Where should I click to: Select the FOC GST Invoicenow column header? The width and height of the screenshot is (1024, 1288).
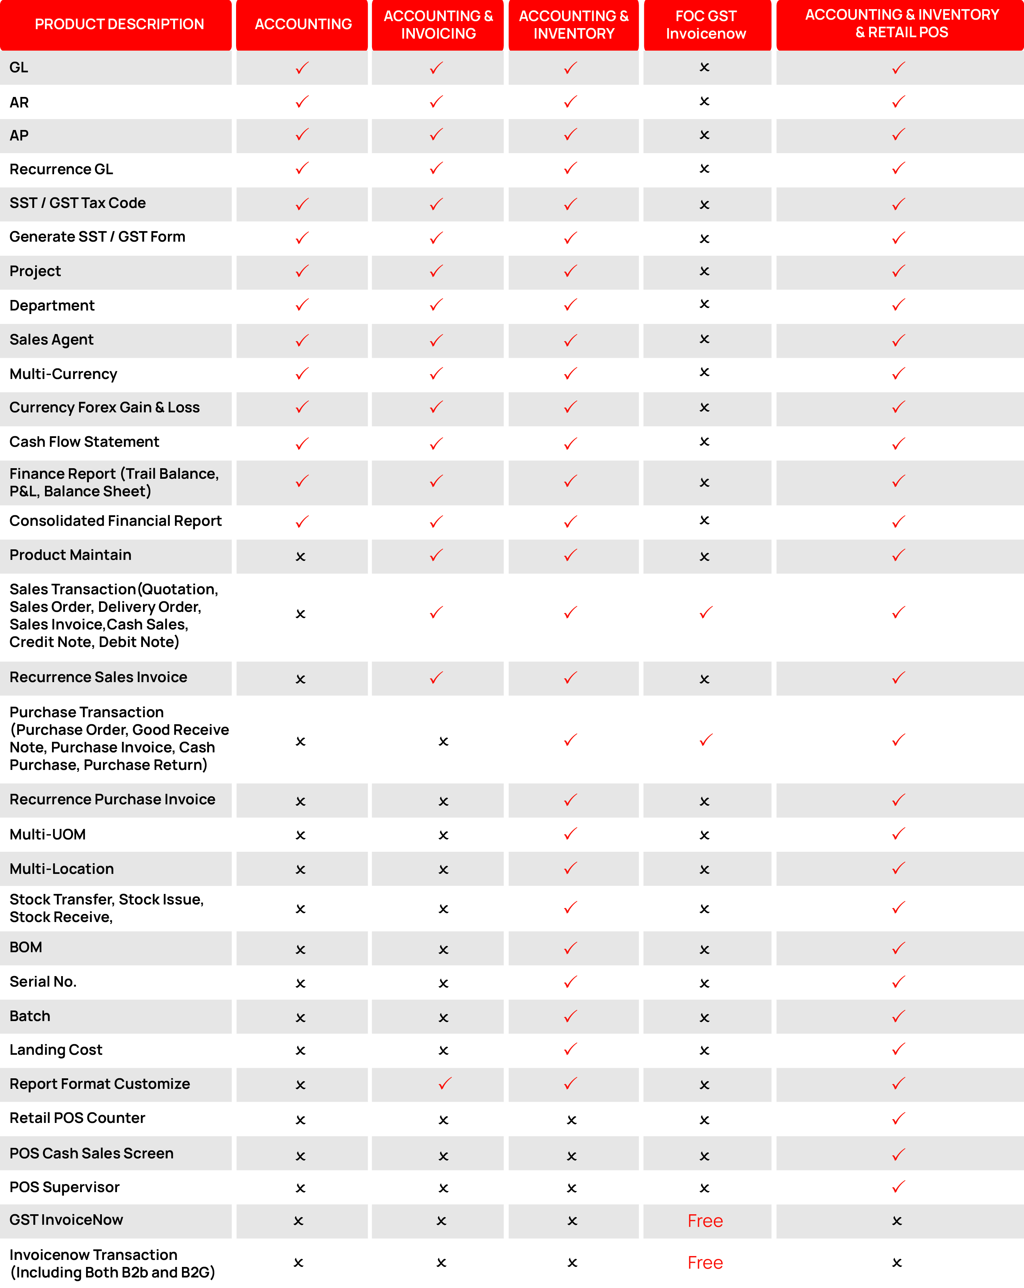[706, 25]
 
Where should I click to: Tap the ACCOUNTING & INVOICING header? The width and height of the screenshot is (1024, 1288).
[438, 25]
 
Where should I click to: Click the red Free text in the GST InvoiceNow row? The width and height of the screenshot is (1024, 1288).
[705, 1221]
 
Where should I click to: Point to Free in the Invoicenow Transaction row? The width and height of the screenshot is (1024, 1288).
[705, 1262]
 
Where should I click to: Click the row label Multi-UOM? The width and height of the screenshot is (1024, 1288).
[48, 835]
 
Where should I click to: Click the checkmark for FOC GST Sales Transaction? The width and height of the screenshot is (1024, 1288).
[706, 612]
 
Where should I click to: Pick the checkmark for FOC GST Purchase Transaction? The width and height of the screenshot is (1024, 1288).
[706, 740]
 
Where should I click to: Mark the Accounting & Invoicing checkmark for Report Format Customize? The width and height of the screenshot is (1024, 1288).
[444, 1083]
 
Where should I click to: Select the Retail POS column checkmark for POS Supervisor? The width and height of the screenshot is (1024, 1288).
[899, 1186]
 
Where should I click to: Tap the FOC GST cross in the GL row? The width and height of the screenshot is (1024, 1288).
[704, 67]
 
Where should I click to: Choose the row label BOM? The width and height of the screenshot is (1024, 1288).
[26, 948]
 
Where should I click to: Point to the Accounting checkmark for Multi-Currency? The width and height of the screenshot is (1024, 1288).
[302, 374]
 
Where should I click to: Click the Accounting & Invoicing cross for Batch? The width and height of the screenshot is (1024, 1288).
[443, 1018]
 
